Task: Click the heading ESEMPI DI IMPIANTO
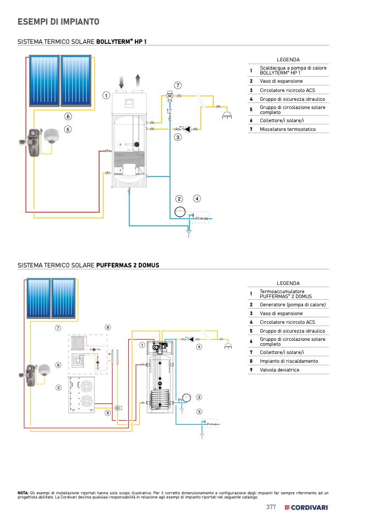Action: tap(59, 22)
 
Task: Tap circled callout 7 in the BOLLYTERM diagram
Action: tap(178, 85)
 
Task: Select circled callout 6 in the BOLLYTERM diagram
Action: tap(68, 116)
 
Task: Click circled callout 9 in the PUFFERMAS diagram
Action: tap(108, 413)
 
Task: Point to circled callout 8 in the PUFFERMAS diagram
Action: tap(108, 327)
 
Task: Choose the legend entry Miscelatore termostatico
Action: tap(288, 129)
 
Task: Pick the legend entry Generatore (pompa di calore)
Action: tap(293, 305)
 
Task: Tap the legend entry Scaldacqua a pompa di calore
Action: tap(293, 68)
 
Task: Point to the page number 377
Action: tap(271, 507)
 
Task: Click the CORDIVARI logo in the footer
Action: tap(306, 507)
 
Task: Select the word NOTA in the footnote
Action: tap(23, 493)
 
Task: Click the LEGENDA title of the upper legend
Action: tap(288, 59)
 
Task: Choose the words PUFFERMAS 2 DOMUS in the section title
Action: tap(128, 265)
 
